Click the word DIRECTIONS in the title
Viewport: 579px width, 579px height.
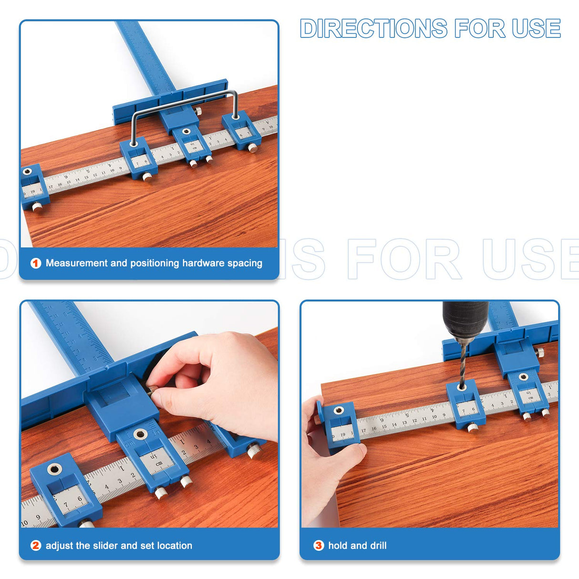point(373,29)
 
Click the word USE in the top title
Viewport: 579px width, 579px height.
point(536,29)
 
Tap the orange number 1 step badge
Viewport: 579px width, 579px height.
point(36,263)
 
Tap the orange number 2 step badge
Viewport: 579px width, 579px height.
point(36,546)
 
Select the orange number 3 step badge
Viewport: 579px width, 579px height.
point(319,546)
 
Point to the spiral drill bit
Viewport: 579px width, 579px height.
point(462,362)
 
